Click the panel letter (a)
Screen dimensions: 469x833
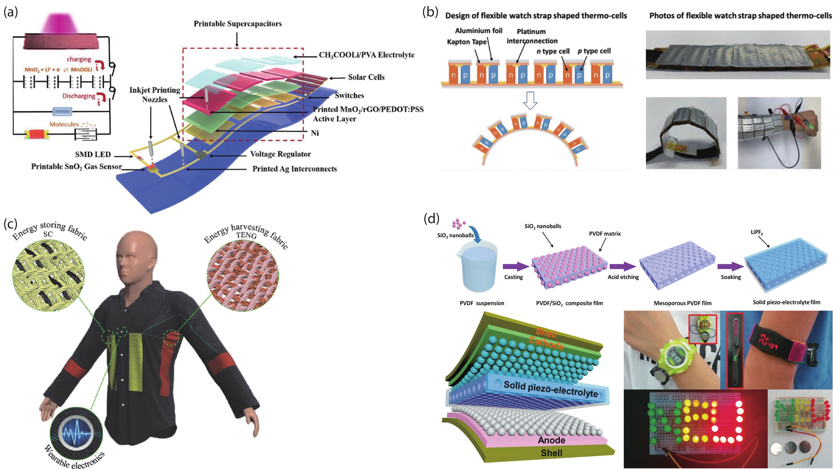coord(10,12)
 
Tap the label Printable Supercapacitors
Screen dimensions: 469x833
coord(238,24)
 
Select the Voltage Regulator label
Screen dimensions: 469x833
coord(280,154)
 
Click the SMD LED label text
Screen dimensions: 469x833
coord(93,154)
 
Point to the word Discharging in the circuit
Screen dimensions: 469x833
coord(79,96)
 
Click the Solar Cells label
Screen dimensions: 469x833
coord(366,77)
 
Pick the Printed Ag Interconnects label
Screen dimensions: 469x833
coord(295,169)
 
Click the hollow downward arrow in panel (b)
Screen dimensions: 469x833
coord(530,100)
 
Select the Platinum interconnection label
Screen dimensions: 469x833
coord(532,36)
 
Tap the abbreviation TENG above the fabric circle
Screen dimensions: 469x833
coord(246,235)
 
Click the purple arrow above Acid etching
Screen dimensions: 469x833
coord(623,267)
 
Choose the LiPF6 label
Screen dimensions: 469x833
coord(757,232)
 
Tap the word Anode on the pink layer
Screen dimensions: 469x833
coord(551,440)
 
